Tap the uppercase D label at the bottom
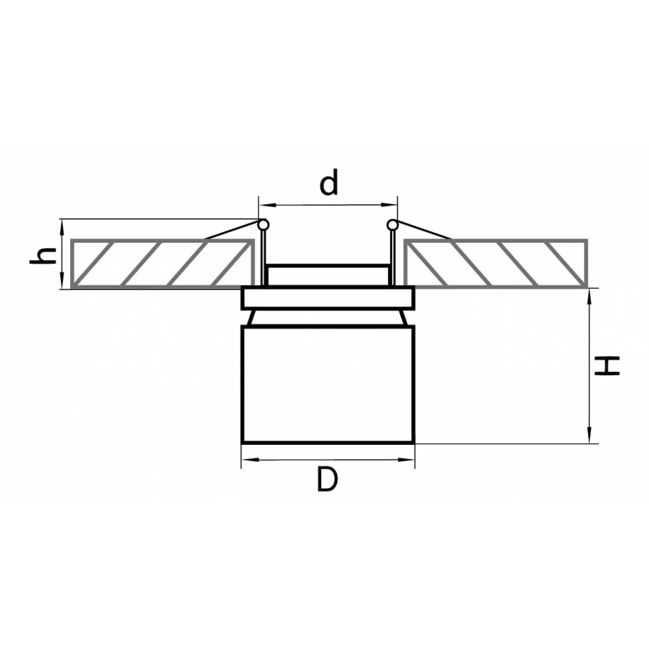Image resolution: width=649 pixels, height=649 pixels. [327, 479]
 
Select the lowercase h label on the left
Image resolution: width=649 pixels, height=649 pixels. [43, 256]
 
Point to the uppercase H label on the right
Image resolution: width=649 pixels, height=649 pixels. [607, 366]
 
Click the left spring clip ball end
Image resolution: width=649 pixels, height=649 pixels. [263, 225]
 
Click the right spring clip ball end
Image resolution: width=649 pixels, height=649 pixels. [392, 225]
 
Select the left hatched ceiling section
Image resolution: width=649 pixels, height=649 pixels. [162, 263]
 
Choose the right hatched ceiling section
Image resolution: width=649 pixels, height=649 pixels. [496, 263]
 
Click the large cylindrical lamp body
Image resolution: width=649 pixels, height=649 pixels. [328, 385]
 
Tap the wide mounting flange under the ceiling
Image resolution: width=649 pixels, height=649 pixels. [328, 297]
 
